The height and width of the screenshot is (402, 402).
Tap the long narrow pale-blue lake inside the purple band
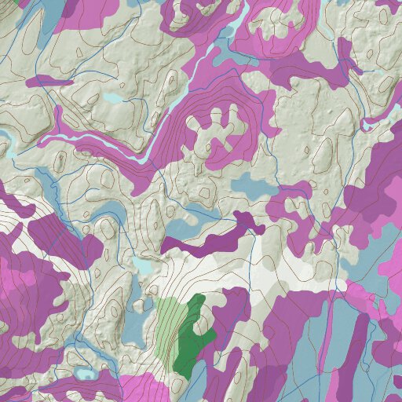tap(94, 142)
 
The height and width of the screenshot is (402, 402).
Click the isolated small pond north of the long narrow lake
tap(114, 99)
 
